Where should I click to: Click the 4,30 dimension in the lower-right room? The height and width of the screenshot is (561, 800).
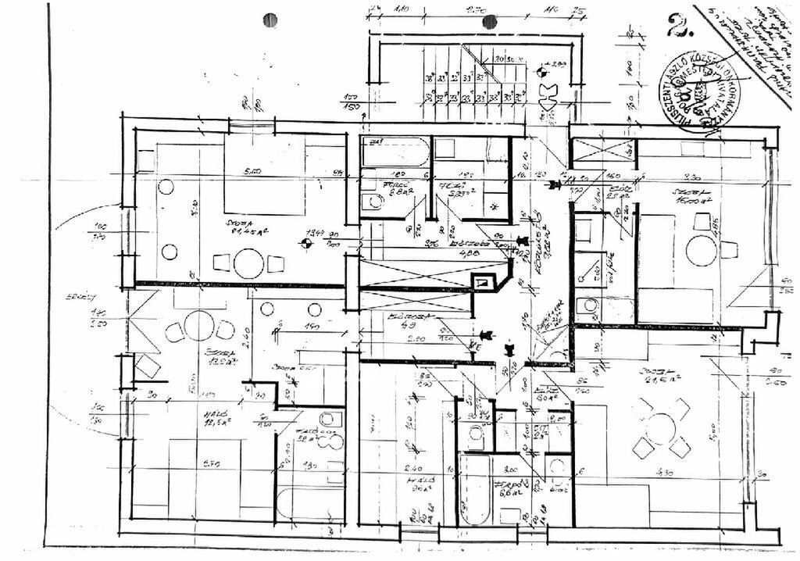pyautogui.click(x=666, y=473)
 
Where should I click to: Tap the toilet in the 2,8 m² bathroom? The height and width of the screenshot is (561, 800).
pyautogui.click(x=373, y=201)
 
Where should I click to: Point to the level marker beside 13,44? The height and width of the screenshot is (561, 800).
pyautogui.click(x=306, y=243)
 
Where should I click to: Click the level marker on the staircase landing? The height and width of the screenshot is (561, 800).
pyautogui.click(x=544, y=70)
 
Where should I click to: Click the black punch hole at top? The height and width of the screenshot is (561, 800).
pyautogui.click(x=270, y=20)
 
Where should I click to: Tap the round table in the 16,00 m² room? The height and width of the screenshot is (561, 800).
pyautogui.click(x=699, y=251)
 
